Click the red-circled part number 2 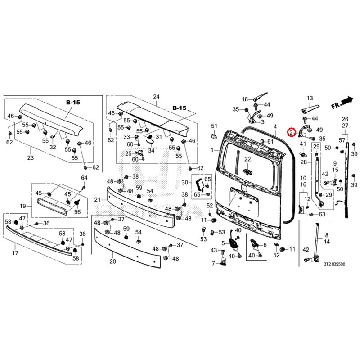coord(292,132)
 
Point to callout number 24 coord(156,97)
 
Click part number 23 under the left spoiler coord(31,158)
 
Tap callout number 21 coord(97,199)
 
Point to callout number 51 coord(215,126)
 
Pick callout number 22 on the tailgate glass coord(247,159)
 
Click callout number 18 coord(245,99)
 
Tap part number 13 coord(310,98)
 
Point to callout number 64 coord(84,177)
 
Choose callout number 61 coord(270,142)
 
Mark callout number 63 coord(322,215)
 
